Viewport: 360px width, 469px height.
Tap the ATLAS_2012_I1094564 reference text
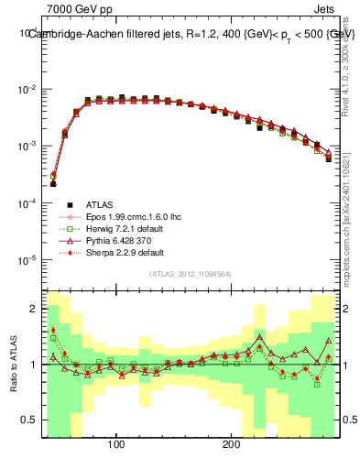tap(191, 274)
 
